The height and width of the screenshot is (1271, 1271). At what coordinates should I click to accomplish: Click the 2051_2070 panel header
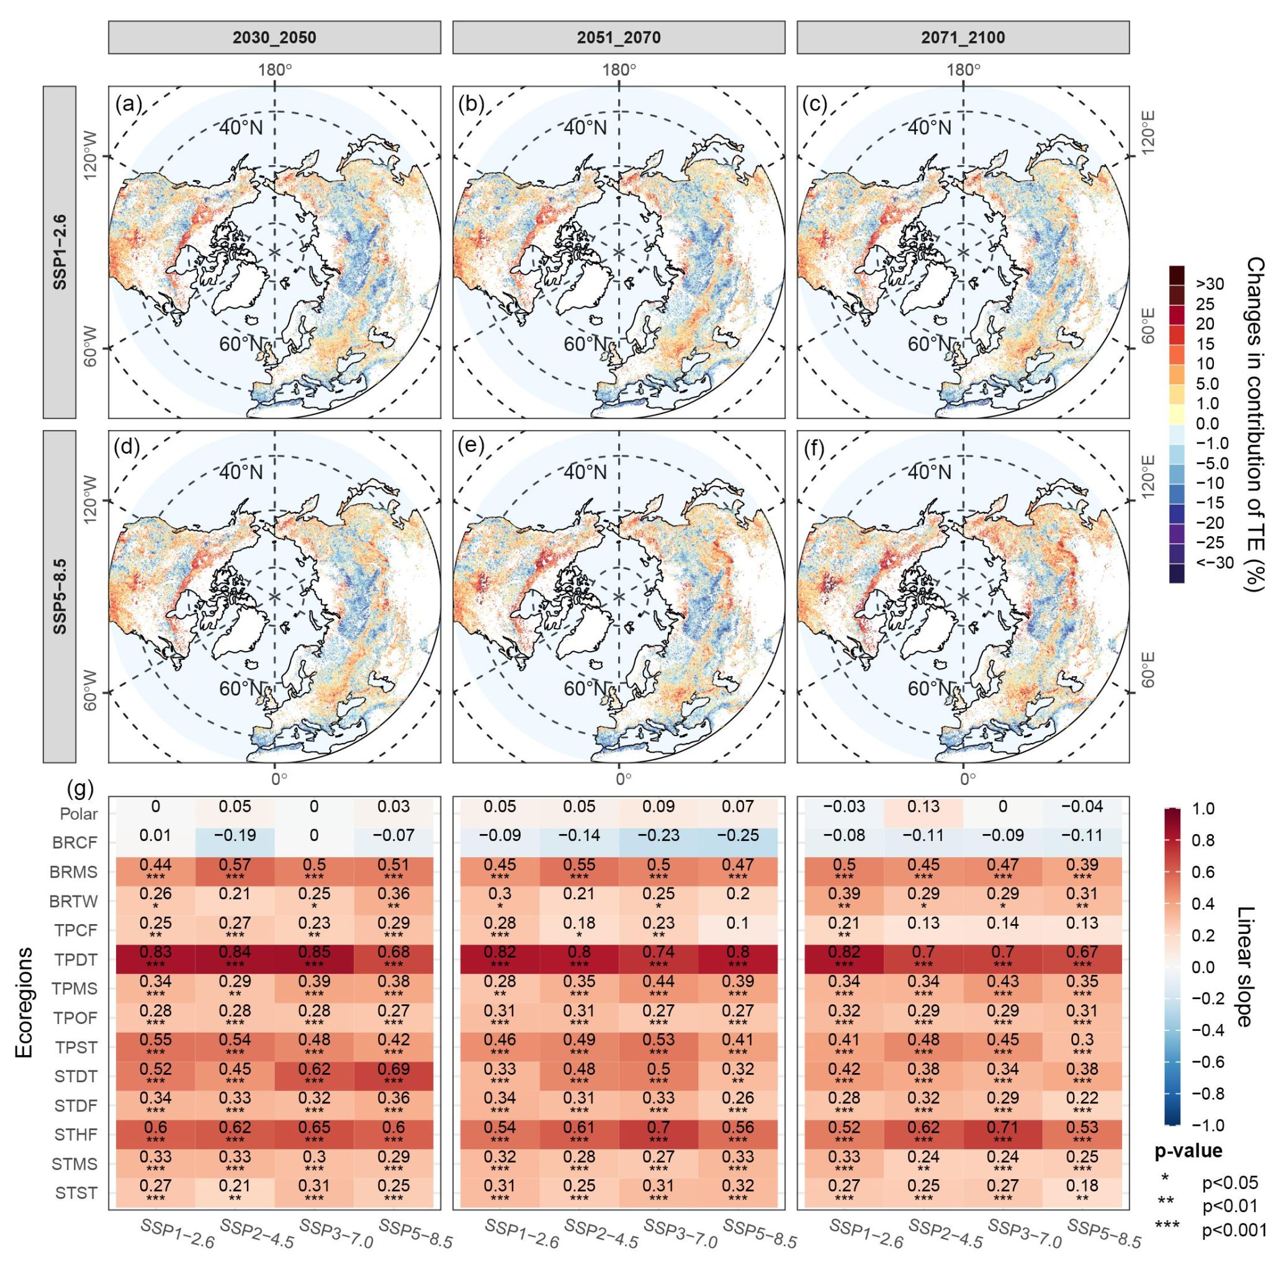tap(618, 37)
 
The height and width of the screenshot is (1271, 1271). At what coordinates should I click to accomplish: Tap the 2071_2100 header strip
tap(963, 37)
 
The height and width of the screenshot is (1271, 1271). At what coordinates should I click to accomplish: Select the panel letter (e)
tap(470, 446)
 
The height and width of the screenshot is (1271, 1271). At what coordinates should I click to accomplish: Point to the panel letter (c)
tap(814, 104)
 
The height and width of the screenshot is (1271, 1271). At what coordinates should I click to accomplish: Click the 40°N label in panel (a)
tap(241, 127)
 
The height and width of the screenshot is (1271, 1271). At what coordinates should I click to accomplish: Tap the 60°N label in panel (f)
tap(930, 689)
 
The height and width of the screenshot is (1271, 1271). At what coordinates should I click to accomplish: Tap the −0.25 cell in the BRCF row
tap(737, 835)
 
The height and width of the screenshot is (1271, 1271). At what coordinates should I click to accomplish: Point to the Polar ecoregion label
tap(78, 814)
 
